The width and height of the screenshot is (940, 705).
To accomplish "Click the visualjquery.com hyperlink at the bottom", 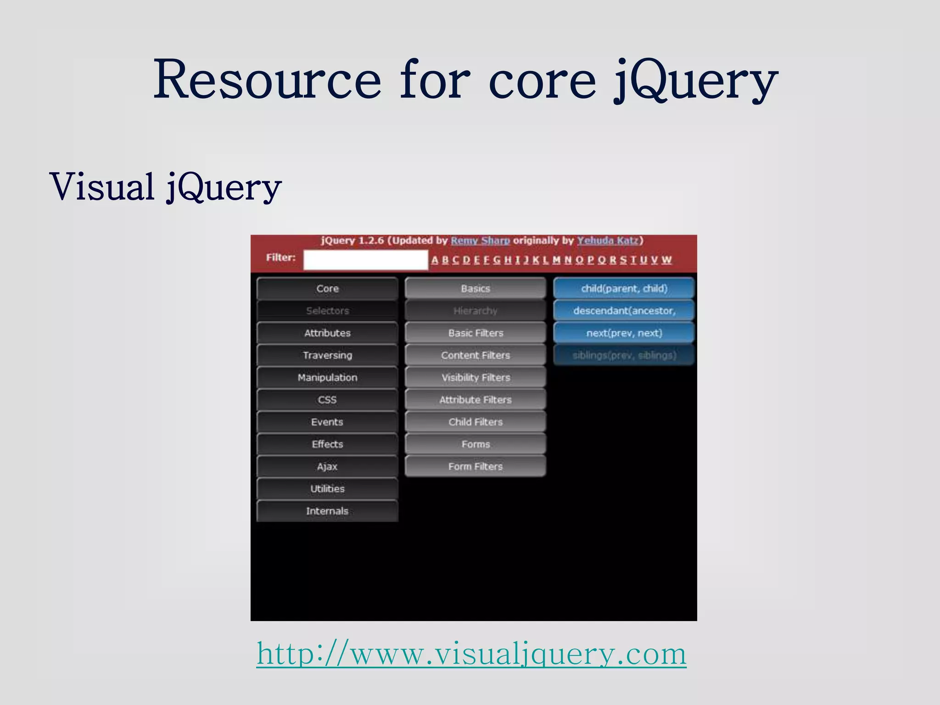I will tap(471, 654).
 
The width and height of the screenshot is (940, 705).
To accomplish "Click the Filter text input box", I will tap(365, 260).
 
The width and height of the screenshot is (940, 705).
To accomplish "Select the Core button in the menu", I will tap(327, 289).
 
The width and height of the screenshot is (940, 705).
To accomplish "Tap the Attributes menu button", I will tap(327, 333).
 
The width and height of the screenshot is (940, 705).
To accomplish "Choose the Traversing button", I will tap(327, 355).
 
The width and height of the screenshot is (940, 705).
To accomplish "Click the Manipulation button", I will tap(327, 377).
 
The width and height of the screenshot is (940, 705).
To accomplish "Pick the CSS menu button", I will tap(327, 400).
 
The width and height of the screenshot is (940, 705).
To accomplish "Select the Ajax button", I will tap(327, 466).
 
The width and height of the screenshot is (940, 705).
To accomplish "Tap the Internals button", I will tap(327, 511).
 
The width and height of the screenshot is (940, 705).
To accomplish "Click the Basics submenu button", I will tap(476, 289).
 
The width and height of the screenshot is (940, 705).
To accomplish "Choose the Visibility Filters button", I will tap(476, 377).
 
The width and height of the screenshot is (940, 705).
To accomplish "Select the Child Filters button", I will tap(476, 422).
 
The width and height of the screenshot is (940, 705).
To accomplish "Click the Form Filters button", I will tap(476, 466).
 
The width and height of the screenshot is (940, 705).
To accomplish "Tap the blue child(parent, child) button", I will tap(624, 289).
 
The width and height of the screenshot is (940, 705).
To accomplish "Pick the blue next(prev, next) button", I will tap(624, 333).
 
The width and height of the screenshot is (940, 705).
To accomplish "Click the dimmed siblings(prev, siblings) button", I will tap(624, 355).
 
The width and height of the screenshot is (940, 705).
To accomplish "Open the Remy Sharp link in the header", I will tap(480, 241).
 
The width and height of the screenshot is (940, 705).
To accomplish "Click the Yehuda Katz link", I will tap(608, 241).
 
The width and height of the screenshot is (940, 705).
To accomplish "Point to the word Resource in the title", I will tap(267, 80).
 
